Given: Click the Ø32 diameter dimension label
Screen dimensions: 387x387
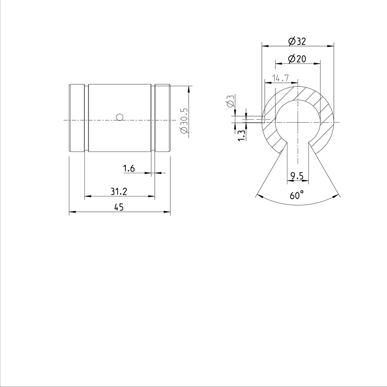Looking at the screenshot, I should click(x=297, y=41).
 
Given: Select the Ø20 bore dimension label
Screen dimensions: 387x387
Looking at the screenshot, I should click(x=297, y=59).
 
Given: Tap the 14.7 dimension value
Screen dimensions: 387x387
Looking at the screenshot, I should click(x=280, y=78).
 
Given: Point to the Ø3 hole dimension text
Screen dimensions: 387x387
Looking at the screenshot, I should click(x=230, y=101).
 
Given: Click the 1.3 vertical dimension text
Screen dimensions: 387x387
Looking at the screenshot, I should click(x=241, y=135).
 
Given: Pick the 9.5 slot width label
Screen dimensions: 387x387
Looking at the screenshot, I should click(x=297, y=176).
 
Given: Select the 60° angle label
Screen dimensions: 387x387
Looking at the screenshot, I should click(x=297, y=195).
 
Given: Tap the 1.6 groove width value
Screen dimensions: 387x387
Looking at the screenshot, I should click(x=129, y=168).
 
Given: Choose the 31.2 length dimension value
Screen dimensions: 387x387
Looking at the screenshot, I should click(x=119, y=192).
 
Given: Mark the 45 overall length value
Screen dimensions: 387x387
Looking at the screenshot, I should click(x=119, y=207).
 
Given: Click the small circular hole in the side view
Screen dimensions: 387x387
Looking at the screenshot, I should click(x=120, y=117).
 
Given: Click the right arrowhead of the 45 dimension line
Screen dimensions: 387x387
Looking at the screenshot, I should click(x=167, y=212).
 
